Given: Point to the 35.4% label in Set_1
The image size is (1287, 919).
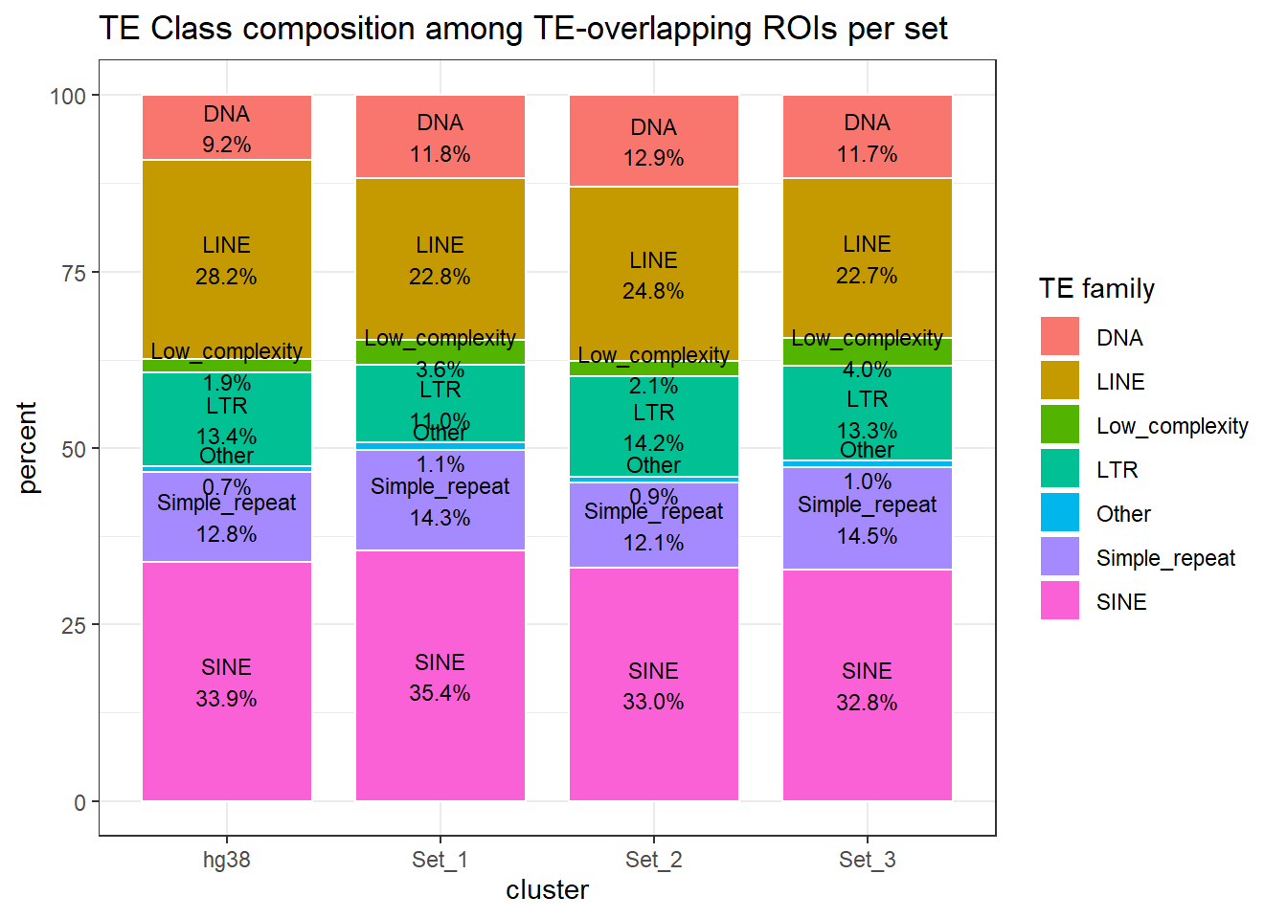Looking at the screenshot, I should pos(440,693).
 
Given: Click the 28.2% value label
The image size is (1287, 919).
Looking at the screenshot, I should pos(227,277).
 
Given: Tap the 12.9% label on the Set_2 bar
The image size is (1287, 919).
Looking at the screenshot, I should pos(654,158).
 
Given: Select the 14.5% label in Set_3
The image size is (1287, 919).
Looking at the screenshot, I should pos(868,536).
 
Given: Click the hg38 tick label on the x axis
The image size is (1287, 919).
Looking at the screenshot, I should pos(227,860).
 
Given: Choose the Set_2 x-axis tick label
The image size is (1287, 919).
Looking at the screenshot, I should pos(654,860).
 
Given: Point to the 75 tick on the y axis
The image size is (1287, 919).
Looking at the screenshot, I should pos(74,273).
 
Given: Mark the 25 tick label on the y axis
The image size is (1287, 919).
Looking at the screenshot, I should pos(74,625).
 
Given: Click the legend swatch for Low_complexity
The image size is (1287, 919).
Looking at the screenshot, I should pos(1060,425).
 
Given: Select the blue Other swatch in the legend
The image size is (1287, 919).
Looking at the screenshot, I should pos(1060,513).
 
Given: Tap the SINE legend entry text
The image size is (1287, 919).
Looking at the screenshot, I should pos(1121,602).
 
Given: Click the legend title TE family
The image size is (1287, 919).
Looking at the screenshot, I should pos(1096,289).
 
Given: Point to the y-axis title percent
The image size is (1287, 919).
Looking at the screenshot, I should pos(28,448).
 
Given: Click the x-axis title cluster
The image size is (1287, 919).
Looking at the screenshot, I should pos(547,890).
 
